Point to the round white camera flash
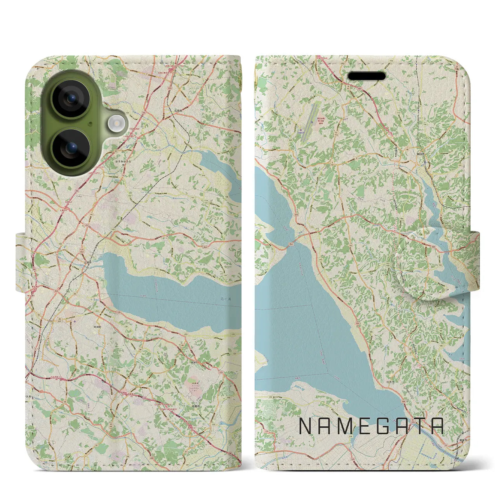(x=115, y=124)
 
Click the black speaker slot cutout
(x=366, y=76)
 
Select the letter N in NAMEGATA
(x=305, y=426)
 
